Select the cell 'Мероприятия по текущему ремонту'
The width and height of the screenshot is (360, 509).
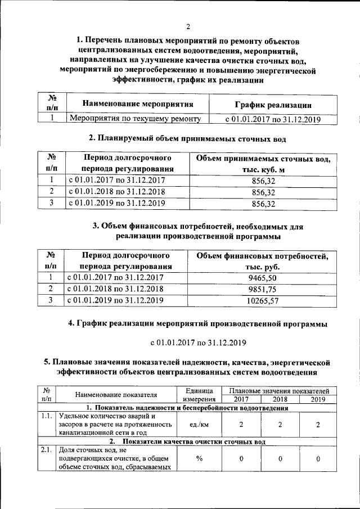134,119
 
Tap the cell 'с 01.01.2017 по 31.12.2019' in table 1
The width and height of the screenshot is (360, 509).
272,119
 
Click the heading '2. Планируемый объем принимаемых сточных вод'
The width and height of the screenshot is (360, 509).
188,138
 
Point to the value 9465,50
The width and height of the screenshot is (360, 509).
262,277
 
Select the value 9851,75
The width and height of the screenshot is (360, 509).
262,289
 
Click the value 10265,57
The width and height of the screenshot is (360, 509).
262,301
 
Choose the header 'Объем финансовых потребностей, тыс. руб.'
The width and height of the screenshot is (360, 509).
262,261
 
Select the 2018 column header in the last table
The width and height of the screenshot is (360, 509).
279,399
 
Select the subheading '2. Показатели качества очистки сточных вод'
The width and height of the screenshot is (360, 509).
187,442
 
